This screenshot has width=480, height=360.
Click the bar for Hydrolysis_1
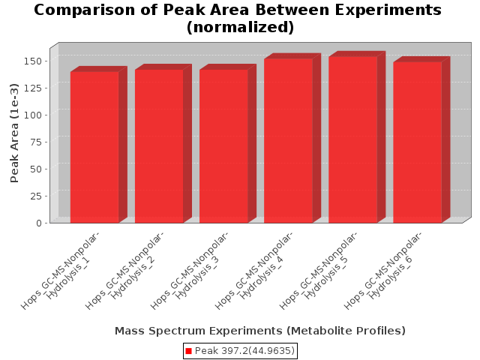(94, 147)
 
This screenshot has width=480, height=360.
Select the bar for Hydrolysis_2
(159, 146)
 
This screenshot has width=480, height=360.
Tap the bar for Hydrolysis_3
(223, 146)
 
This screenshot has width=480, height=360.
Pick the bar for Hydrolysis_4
(288, 140)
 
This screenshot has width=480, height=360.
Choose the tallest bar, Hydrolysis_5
(353, 139)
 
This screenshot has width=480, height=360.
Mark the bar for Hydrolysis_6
(418, 142)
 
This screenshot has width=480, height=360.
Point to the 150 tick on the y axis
(32, 61)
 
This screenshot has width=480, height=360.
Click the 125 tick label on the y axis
(32, 88)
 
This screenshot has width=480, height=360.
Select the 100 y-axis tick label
(32, 115)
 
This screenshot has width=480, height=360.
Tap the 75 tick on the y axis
(35, 142)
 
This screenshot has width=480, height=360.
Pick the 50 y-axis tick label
(35, 169)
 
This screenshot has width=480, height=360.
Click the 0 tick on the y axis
(38, 223)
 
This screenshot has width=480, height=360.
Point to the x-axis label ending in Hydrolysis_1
(60, 271)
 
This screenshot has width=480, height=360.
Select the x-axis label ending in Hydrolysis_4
(253, 271)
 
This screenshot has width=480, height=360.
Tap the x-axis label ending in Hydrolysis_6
(383, 271)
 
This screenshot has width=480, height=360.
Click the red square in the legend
(188, 351)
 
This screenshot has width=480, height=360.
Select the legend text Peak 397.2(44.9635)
(244, 350)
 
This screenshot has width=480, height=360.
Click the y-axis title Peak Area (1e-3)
(14, 133)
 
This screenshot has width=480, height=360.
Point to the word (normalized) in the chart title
(240, 27)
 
